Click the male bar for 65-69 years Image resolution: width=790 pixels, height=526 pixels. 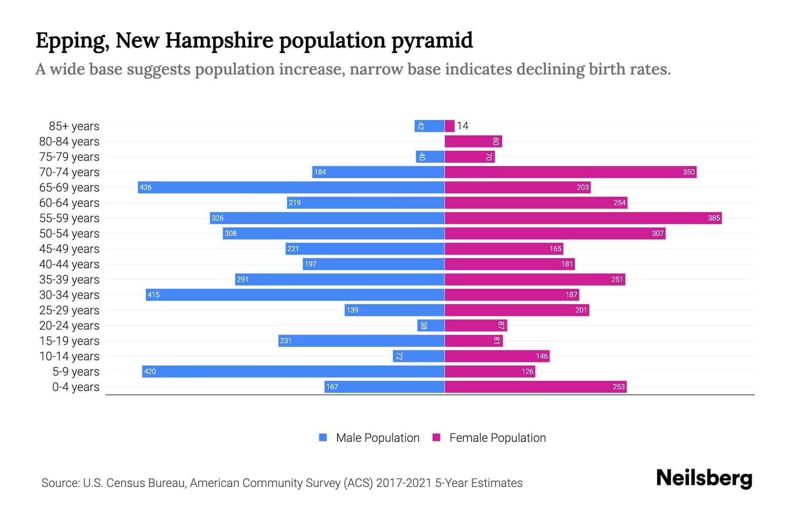point(291,187)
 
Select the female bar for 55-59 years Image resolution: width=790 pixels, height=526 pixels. point(583,218)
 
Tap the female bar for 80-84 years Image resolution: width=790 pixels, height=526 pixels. point(473,141)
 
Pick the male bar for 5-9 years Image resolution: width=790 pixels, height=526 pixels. point(293,371)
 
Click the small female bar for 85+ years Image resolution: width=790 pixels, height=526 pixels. point(449,126)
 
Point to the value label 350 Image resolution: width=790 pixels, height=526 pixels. point(688,172)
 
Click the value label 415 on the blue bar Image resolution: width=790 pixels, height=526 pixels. point(154,295)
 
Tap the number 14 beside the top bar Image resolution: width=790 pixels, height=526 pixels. point(463,126)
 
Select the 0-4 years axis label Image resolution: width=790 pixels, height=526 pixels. point(75,387)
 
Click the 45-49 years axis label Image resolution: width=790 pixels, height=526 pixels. point(69,249)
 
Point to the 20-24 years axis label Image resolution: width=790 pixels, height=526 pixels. point(69,326)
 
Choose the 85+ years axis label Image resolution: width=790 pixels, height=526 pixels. point(74,126)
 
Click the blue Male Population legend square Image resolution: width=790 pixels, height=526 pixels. point(323,437)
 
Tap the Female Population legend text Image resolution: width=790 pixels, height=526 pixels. point(497,437)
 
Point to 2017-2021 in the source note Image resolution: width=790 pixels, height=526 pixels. point(404,483)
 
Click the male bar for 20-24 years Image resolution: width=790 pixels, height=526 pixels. point(431,325)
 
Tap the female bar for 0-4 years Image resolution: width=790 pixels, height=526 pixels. point(535,387)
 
